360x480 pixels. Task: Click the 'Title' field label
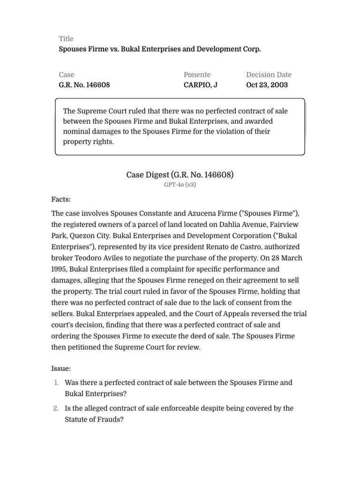(66, 38)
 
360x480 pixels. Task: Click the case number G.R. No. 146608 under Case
(84, 85)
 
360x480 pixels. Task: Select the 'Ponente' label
(197, 75)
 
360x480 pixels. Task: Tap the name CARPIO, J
(201, 85)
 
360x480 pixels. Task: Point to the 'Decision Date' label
(269, 75)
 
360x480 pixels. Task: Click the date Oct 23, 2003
(267, 85)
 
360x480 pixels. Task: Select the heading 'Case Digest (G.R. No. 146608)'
(180, 175)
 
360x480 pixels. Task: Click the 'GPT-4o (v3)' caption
(180, 185)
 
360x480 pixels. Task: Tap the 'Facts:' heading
(61, 200)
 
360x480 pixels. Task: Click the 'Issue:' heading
(61, 369)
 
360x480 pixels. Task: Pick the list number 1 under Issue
(56, 382)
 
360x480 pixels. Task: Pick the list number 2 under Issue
(56, 408)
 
